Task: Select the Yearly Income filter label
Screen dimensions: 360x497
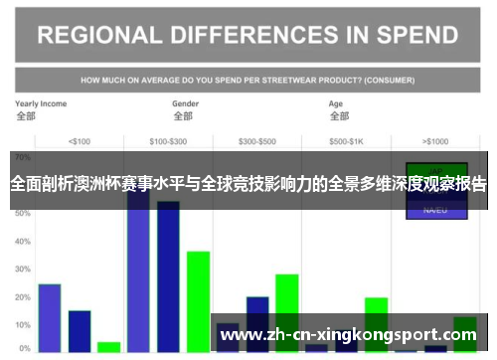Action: (x=41, y=102)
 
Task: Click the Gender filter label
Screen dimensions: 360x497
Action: (x=185, y=102)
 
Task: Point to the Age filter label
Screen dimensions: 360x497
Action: (x=336, y=102)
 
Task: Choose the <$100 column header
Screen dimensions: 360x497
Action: (x=79, y=140)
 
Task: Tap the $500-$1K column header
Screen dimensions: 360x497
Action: (x=347, y=140)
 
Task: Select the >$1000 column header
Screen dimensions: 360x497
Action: (x=435, y=140)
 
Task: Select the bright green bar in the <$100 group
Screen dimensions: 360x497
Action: (x=108, y=346)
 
